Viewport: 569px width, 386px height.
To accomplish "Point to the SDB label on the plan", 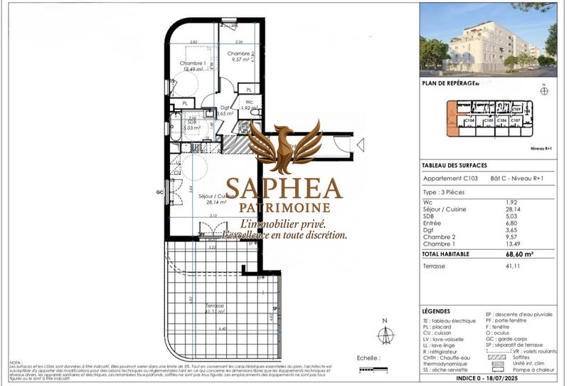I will [x=191, y=122].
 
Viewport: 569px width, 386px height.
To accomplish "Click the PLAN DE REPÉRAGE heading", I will [x=449, y=83].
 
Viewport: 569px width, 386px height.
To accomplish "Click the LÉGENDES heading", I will [x=436, y=311].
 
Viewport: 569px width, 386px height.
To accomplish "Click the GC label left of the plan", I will [x=160, y=192].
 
